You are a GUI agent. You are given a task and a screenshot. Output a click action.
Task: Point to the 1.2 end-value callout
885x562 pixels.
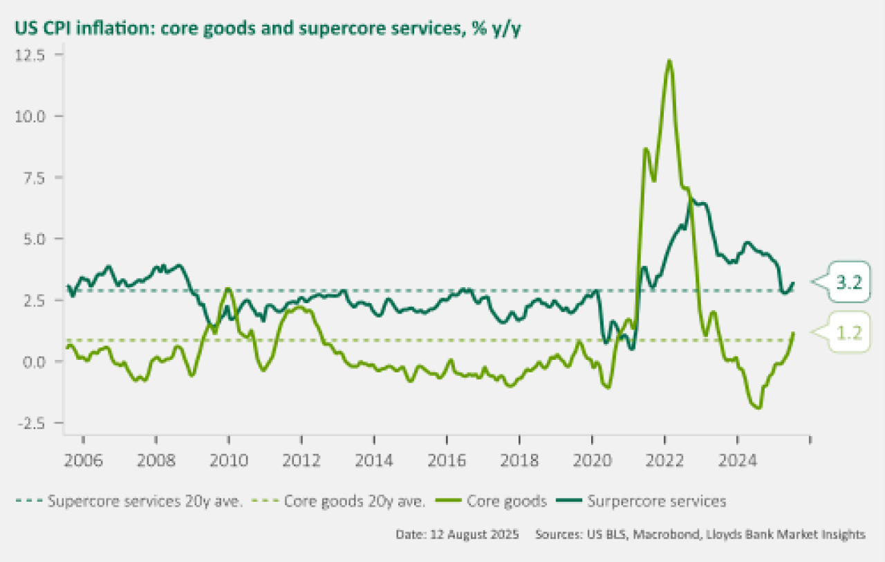pyautogui.click(x=848, y=332)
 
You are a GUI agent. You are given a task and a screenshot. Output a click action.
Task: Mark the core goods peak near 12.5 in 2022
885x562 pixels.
pyautogui.click(x=669, y=61)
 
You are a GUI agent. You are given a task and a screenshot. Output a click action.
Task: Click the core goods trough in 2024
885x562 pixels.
pyautogui.click(x=758, y=408)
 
